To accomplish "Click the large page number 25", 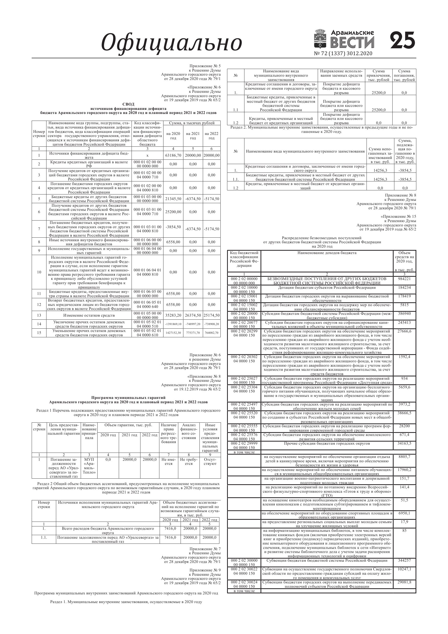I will click(x=403, y=41).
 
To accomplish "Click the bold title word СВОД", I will click(x=128, y=104).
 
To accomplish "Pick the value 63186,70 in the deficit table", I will click(x=173, y=155).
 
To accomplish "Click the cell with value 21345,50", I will click(x=173, y=199).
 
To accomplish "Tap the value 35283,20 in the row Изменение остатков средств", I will click(x=173, y=315).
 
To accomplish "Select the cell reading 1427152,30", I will click(x=173, y=333).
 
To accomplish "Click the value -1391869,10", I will click(x=173, y=324).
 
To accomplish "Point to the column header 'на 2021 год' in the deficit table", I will click(x=193, y=136).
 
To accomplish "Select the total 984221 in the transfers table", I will click(x=404, y=279).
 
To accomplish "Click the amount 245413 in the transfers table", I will click(x=404, y=322).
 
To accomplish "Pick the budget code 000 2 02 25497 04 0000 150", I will click(x=244, y=407).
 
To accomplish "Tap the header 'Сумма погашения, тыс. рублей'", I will click(x=404, y=75).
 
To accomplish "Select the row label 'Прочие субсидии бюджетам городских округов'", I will click(x=327, y=444).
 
